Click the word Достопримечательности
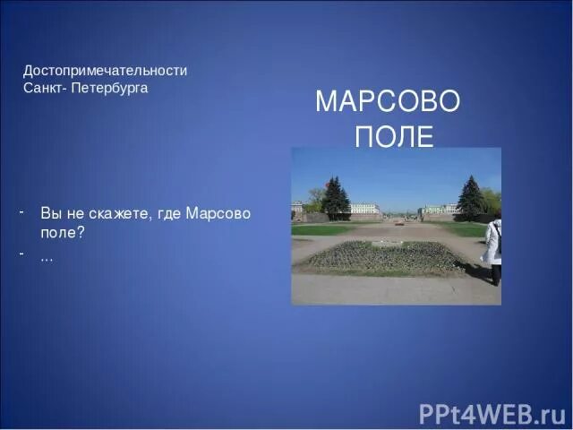(105, 70)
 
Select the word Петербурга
(111, 88)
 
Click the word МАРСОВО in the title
(388, 102)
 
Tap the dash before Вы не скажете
(19, 212)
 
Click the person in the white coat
(493, 249)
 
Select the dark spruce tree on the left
(336, 198)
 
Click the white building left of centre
(364, 209)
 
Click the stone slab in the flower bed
(387, 243)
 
